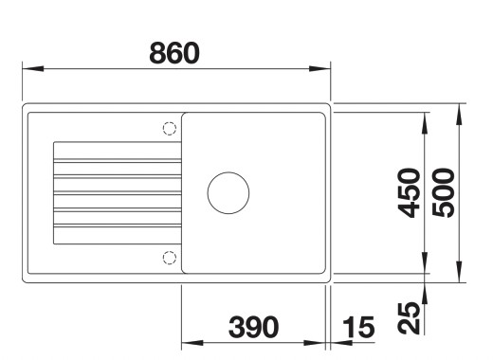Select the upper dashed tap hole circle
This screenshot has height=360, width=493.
point(170,129)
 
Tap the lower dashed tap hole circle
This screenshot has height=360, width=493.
point(170,257)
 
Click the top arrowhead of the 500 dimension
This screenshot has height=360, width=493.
point(459,109)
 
